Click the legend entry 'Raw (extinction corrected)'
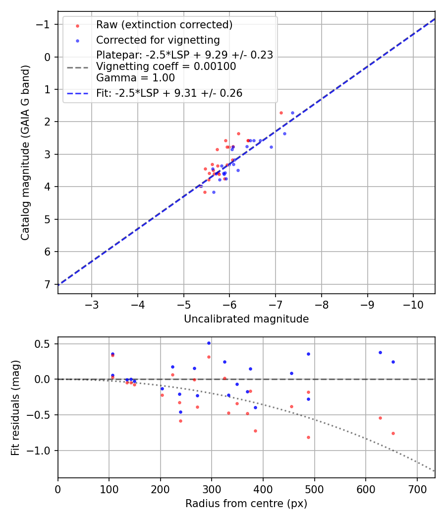pos(164,25)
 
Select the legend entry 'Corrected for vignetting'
pos(158,40)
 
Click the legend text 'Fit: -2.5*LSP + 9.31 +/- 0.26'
pos(169,93)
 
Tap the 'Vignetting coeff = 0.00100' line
pos(166,66)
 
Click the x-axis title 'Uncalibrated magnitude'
pos(246,319)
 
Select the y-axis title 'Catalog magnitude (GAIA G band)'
pos(26,152)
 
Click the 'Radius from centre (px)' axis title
pos(246,504)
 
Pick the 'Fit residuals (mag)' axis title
pos(15,407)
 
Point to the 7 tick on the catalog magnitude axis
pos(48,284)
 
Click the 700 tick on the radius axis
pos(417,488)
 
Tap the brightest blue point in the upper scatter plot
pos(292,113)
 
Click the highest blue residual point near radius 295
pos(209,343)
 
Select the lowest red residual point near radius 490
pos(308,437)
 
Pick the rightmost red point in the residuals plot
pos(393,433)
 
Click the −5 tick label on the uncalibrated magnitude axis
pos(184,304)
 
